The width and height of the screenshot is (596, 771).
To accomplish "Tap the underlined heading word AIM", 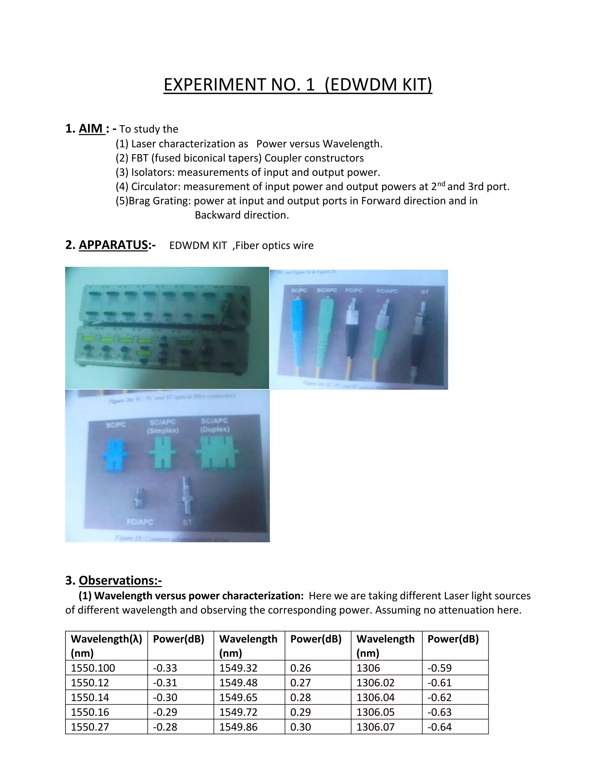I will tap(91, 129).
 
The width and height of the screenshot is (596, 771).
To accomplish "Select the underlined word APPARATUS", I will tap(113, 245).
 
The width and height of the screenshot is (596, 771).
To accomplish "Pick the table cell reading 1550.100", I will tap(93, 668).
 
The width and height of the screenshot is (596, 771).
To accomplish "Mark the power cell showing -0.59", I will tap(440, 668).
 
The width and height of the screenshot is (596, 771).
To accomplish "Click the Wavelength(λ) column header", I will tap(106, 639).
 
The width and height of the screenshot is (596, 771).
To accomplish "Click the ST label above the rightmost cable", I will tap(425, 292).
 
